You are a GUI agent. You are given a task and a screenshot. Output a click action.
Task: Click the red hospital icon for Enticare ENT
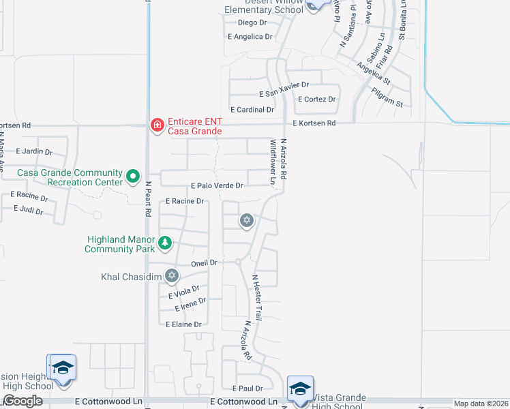click(156, 125)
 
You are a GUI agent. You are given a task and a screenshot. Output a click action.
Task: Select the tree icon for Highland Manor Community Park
click(164, 243)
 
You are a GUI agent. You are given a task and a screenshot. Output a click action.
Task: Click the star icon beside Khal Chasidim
click(172, 276)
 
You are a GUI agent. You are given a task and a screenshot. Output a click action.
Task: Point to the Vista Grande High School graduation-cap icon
click(299, 388)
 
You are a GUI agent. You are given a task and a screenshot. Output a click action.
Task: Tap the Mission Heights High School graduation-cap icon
click(62, 367)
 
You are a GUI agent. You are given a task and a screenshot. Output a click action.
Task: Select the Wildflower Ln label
click(273, 163)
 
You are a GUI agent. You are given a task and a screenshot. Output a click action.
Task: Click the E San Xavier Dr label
click(284, 85)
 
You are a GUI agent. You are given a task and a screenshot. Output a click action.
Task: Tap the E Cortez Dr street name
click(316, 99)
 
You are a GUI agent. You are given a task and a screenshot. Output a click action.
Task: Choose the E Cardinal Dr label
click(252, 109)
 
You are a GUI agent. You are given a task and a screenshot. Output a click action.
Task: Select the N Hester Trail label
click(257, 297)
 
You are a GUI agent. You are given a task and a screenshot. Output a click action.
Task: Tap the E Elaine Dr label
click(183, 324)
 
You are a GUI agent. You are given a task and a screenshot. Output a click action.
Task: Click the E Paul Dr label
click(247, 388)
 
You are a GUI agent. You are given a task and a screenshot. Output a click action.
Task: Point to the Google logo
click(22, 402)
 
